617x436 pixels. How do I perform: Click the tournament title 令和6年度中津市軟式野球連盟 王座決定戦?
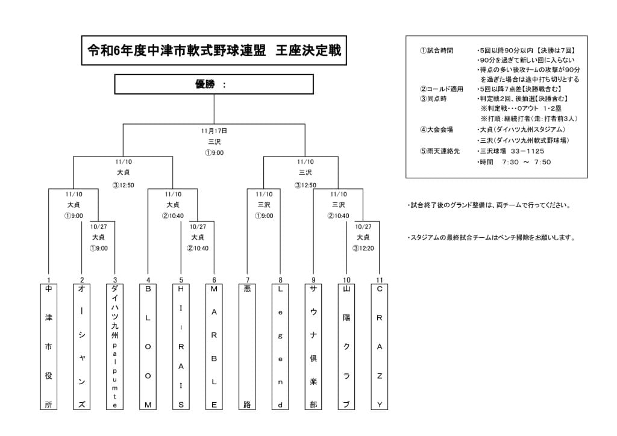point(214,51)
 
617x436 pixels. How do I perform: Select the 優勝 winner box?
point(214,84)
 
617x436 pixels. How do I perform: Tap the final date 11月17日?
point(214,130)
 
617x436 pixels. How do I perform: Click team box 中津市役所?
point(48,347)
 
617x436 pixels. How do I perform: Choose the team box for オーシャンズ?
point(82,347)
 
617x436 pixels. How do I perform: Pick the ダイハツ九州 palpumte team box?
point(115,347)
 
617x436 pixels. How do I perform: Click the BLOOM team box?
point(148,347)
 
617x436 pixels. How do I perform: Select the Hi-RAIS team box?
point(181,347)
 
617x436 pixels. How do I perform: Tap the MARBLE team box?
point(214,347)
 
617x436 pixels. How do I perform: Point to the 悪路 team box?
point(247,347)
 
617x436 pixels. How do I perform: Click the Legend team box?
point(280,347)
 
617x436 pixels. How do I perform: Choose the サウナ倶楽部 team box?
point(313,347)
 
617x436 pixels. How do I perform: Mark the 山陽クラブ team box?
point(346,347)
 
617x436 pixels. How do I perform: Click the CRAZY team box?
point(379,347)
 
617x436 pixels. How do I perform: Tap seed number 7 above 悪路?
point(247,280)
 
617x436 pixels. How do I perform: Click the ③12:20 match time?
point(363,248)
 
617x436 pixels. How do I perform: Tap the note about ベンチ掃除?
point(491,237)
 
